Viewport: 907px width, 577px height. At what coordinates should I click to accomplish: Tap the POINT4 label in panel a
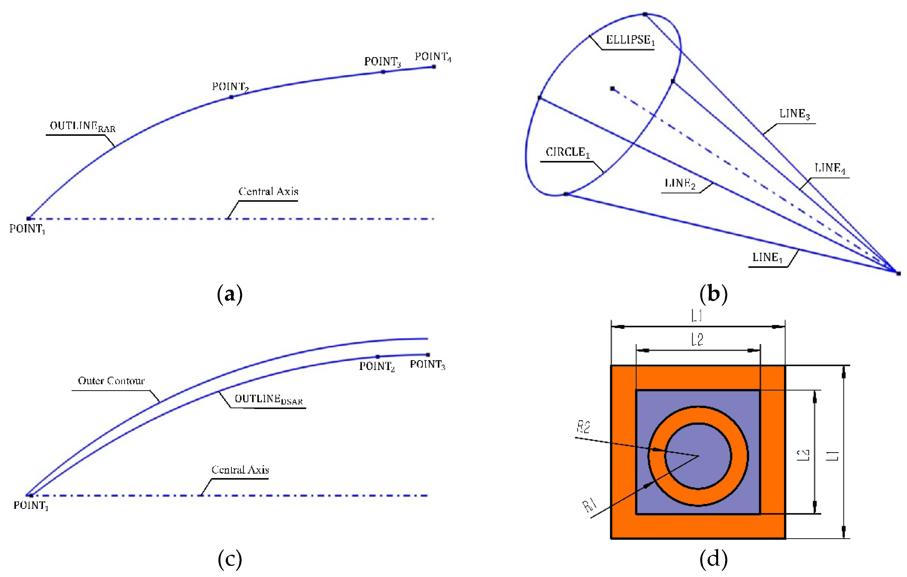click(x=433, y=57)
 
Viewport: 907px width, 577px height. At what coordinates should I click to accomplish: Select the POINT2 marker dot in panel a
click(x=231, y=97)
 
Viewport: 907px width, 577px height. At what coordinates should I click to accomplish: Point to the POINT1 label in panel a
click(x=27, y=229)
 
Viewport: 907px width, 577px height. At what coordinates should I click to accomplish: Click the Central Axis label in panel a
click(x=268, y=191)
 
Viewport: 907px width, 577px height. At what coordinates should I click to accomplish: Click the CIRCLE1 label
click(x=567, y=152)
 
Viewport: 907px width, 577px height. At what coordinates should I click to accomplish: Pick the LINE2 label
click(x=680, y=184)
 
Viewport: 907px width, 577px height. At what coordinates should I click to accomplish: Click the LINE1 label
click(x=768, y=258)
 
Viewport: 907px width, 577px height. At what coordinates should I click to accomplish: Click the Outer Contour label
click(x=111, y=381)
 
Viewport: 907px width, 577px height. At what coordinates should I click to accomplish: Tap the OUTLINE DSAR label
click(x=269, y=399)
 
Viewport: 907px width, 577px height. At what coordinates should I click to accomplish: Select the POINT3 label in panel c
click(x=427, y=365)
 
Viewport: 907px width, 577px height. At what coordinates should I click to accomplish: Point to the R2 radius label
click(x=583, y=427)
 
